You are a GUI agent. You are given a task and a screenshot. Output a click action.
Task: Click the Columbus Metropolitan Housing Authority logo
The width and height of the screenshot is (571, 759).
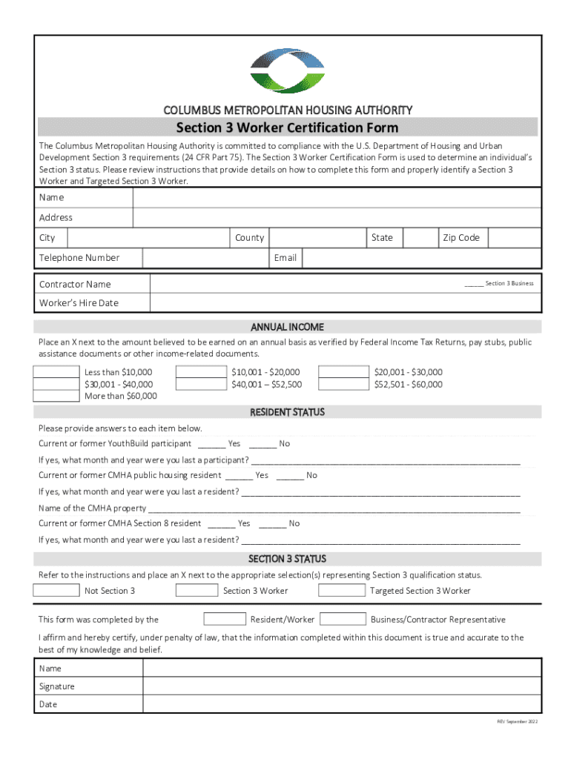(x=288, y=70)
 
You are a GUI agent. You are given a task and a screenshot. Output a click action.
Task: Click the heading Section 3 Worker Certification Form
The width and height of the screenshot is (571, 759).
(x=287, y=127)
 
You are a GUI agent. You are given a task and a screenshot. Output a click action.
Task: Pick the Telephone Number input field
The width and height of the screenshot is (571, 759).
(x=205, y=258)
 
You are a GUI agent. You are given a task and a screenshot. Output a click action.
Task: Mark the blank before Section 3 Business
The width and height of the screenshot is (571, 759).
(x=474, y=284)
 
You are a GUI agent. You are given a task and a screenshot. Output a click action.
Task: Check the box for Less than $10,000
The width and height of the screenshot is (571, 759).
(x=57, y=372)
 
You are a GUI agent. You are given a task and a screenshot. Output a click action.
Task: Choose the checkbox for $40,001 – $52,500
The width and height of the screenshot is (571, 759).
(x=201, y=384)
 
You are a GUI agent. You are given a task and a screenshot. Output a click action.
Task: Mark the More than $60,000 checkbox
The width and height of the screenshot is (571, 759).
(x=57, y=396)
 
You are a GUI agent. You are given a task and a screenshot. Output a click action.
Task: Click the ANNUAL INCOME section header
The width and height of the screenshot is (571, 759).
(x=287, y=327)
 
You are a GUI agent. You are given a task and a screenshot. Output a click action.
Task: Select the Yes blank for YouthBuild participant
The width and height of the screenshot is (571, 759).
(x=212, y=445)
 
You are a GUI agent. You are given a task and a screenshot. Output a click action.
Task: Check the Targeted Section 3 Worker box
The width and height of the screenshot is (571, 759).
(x=342, y=591)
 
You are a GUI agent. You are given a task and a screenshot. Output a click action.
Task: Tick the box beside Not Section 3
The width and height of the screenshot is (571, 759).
(x=56, y=591)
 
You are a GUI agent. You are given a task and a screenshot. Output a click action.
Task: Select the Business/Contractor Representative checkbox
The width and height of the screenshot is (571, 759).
(x=343, y=619)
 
